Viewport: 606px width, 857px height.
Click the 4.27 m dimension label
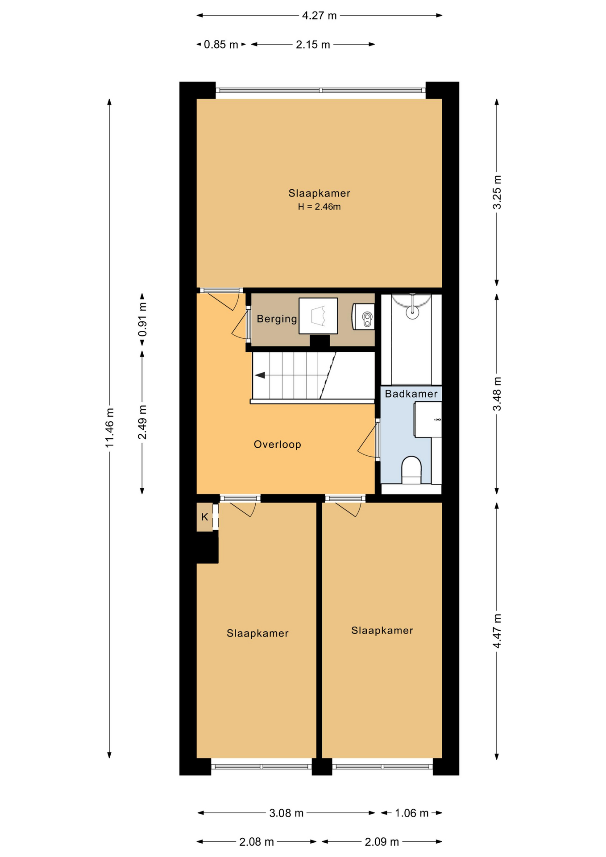319,16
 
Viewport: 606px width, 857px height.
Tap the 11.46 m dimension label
109,428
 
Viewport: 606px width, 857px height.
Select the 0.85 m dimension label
221,45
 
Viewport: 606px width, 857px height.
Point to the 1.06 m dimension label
411,813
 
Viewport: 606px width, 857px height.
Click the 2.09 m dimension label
382,842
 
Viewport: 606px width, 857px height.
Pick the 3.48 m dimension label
497,394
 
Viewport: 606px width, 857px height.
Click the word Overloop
278,445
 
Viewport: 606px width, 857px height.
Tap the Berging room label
277,319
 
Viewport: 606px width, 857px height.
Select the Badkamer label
411,394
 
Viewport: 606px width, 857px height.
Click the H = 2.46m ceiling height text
319,207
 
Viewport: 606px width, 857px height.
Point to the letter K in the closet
204,517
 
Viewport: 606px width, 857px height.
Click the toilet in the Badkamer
411,470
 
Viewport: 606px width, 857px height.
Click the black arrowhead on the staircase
260,375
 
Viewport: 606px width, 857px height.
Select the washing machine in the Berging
318,316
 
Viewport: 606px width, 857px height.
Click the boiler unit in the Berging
363,316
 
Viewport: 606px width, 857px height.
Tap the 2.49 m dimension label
142,422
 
